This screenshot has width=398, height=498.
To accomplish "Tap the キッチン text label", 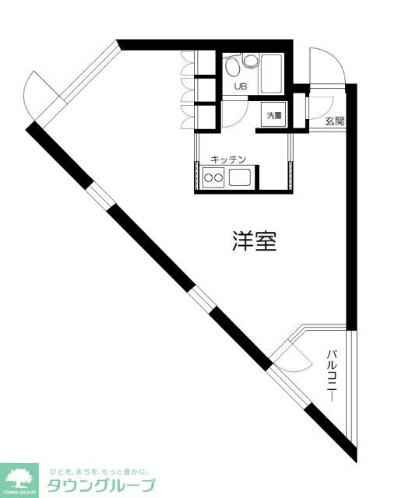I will coord(227,160).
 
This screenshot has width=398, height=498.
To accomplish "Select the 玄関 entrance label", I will coord(335,121).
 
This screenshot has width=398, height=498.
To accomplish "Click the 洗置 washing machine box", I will coord(274,116).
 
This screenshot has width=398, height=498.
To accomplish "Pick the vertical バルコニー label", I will coord(331,377).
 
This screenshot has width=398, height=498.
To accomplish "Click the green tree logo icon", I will coord(20,477).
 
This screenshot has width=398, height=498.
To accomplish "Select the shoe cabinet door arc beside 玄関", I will coord(318,109).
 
